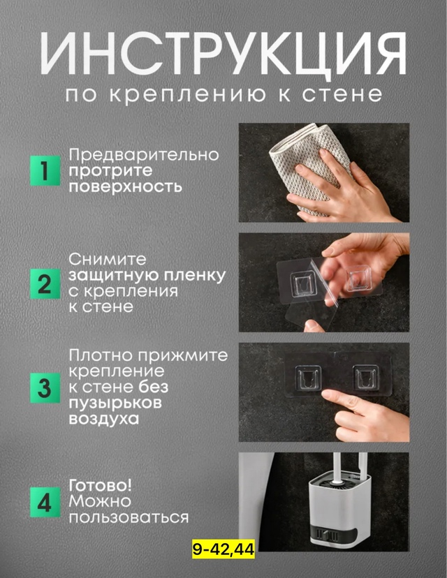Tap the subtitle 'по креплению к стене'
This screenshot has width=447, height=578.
point(223,94)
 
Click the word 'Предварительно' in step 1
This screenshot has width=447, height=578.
point(143,154)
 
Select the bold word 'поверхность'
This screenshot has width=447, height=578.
point(125,187)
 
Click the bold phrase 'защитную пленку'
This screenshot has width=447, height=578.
point(147,276)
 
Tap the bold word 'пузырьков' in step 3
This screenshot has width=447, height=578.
point(115,403)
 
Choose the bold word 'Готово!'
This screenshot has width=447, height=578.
point(100,485)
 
